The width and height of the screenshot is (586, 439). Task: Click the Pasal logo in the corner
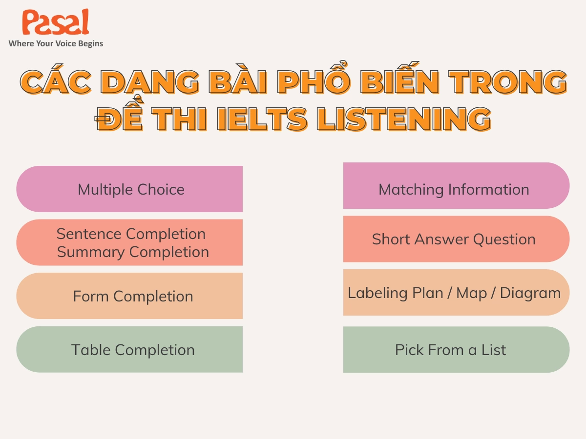coord(55,23)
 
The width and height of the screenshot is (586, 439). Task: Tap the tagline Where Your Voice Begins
coord(56,43)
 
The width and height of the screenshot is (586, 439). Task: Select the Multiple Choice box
coord(130,189)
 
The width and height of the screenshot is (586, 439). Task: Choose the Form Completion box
coord(130,296)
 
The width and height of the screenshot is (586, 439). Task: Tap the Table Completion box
coord(130,350)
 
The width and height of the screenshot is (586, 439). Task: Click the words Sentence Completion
coord(131,234)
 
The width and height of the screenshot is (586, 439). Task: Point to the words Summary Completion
coord(133,252)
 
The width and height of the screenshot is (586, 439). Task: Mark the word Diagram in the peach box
coord(530,293)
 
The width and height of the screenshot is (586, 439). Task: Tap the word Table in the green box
coord(89,350)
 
